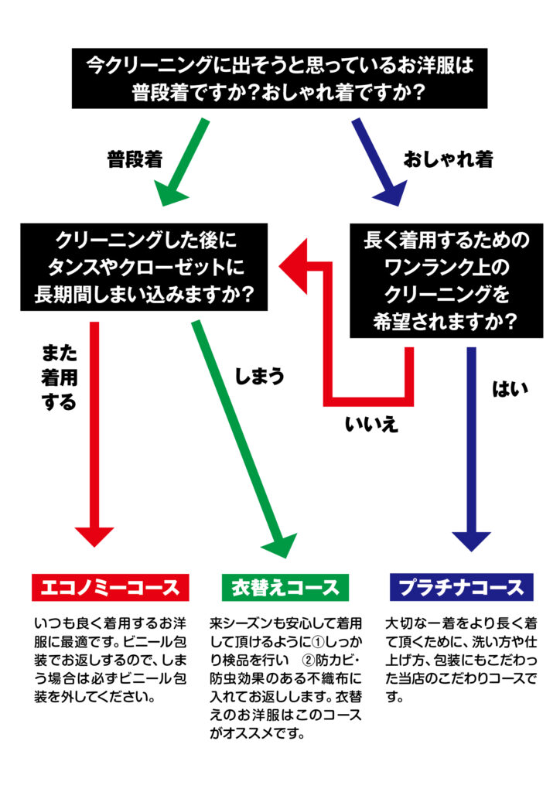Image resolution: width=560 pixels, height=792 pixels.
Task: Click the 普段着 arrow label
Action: click(x=135, y=159)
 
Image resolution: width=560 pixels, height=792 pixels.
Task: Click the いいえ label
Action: click(x=371, y=423)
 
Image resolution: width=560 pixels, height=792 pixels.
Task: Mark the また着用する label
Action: click(x=59, y=377)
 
